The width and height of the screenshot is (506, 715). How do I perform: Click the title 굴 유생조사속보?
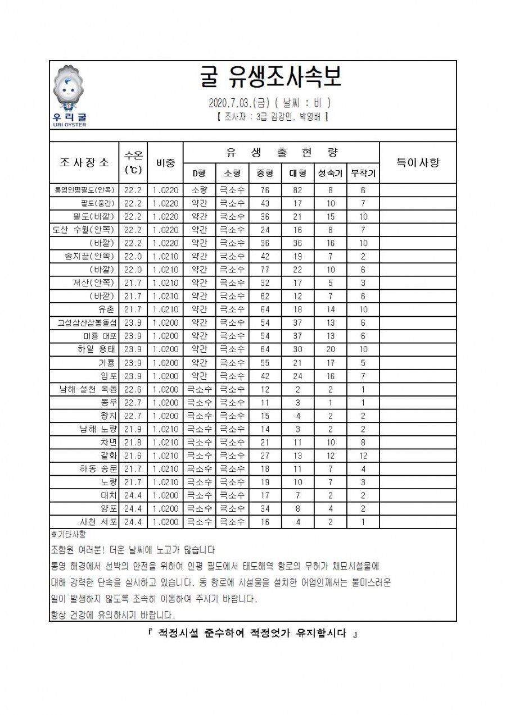coord(270,79)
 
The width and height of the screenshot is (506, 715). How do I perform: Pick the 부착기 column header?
coord(363,173)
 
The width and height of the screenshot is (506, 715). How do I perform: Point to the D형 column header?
coord(200,173)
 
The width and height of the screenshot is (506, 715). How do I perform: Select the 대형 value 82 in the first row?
coord(298,190)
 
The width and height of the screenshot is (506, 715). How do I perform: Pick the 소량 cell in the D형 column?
coord(200,190)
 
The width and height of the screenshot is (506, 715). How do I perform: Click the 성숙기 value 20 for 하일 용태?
coord(331,349)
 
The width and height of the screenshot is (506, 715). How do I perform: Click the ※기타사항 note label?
coord(66,534)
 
